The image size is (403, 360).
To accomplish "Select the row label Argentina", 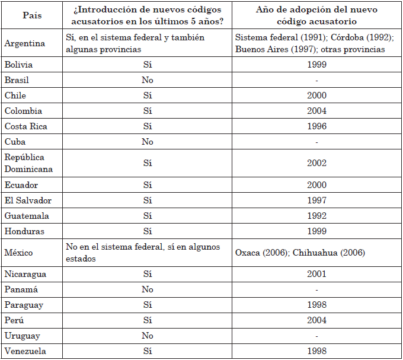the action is tap(25, 43).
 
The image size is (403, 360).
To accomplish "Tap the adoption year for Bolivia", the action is tap(317, 65).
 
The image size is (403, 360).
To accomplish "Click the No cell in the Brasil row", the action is tap(148, 80).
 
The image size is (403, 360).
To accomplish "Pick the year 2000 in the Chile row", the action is tap(317, 95).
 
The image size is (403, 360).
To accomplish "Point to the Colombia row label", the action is tap(23, 111).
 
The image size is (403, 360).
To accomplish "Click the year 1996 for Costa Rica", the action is tap(317, 126).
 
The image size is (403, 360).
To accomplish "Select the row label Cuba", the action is tap(15, 142).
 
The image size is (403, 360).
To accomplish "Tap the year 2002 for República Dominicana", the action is tap(317, 163).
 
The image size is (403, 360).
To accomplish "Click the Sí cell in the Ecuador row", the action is tap(148, 185).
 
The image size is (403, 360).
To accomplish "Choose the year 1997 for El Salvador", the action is tap(317, 200).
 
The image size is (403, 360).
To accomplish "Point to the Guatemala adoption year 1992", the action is tap(317, 216).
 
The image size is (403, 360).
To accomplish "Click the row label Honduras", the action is tap(24, 231).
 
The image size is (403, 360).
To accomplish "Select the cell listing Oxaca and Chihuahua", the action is tap(300, 253).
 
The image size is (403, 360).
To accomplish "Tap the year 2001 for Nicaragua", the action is tap(317, 274).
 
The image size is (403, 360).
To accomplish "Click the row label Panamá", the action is tap(21, 289).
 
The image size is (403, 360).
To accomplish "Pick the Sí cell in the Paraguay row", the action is tap(148, 305).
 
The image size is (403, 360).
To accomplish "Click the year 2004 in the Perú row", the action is tap(317, 320).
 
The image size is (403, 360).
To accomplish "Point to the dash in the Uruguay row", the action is tap(317, 336).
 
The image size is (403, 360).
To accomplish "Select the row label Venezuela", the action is tap(25, 351).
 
